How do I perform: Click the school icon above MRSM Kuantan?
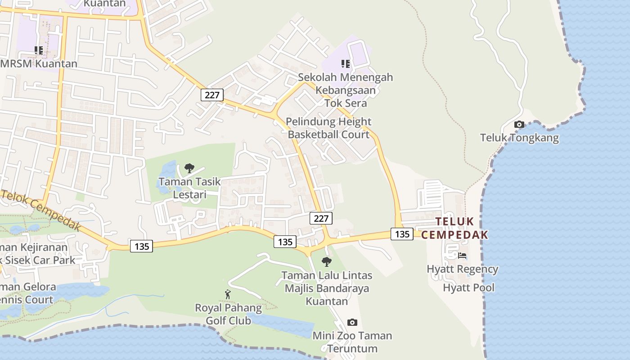click(39, 50)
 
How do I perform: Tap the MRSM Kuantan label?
click(39, 63)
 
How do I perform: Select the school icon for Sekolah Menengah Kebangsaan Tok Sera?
click(345, 64)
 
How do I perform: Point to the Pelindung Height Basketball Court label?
click(329, 128)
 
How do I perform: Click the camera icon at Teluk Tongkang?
click(519, 125)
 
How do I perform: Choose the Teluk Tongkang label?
click(519, 138)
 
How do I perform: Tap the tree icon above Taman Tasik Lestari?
click(189, 168)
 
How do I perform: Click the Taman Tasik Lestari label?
click(189, 188)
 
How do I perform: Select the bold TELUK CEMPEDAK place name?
click(454, 228)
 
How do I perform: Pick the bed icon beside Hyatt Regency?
click(462, 256)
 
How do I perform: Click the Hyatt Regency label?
click(462, 269)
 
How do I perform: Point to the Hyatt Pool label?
click(468, 288)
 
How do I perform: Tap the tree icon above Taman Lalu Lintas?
click(327, 261)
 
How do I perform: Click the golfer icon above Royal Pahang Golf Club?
click(228, 294)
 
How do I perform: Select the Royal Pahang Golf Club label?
click(228, 315)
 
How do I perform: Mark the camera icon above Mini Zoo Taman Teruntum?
click(352, 322)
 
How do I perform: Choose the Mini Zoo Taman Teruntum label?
click(352, 342)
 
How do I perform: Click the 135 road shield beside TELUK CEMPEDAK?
click(402, 234)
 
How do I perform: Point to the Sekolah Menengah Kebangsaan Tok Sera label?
click(345, 90)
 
